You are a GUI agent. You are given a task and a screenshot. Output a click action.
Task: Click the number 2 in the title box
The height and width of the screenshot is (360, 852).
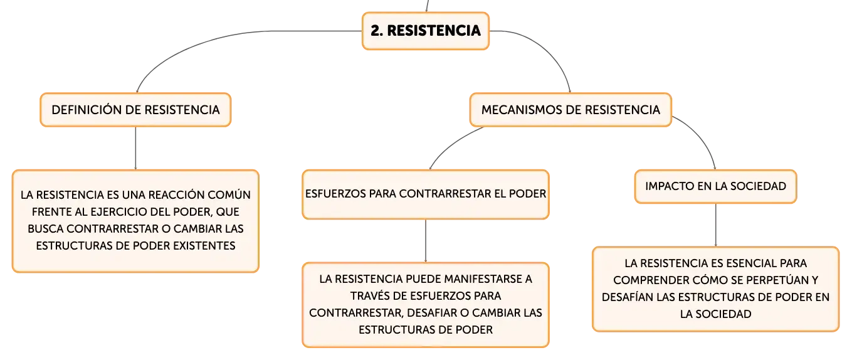pos(376,31)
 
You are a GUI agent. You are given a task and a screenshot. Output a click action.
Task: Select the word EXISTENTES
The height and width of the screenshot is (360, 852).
pos(204,245)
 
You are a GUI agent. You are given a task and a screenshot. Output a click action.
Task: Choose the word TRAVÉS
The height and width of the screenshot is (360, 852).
pos(368,295)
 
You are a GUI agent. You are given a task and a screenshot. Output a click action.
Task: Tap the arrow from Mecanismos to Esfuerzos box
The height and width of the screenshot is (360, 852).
pos(451,145)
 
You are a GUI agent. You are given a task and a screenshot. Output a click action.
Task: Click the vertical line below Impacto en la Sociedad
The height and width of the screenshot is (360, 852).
pos(715,225)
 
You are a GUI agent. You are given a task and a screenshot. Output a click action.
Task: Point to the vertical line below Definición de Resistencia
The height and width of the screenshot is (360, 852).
pos(135,148)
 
